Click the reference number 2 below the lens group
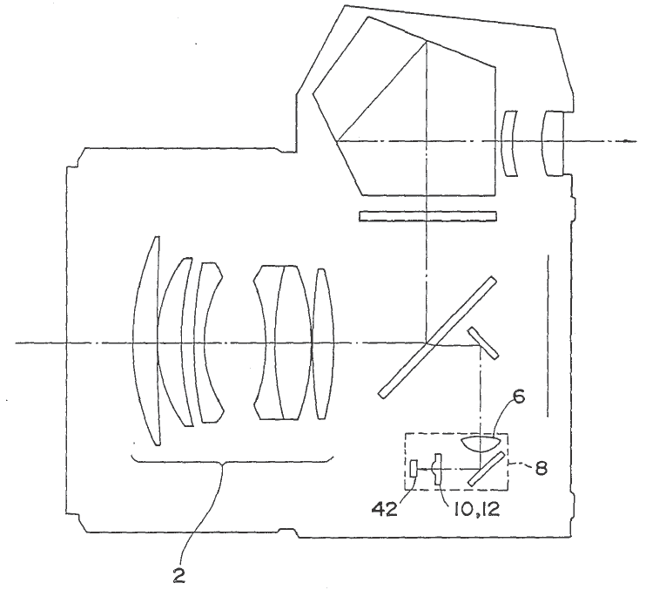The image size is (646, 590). point(178,575)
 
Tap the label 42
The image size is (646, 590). point(385,510)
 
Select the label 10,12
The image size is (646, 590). point(476,510)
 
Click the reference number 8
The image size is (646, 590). point(541,468)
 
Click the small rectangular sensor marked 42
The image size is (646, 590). point(414,469)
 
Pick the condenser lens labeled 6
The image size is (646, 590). point(481,443)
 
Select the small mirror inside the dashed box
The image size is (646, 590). point(487,469)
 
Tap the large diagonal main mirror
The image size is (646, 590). point(437,337)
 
